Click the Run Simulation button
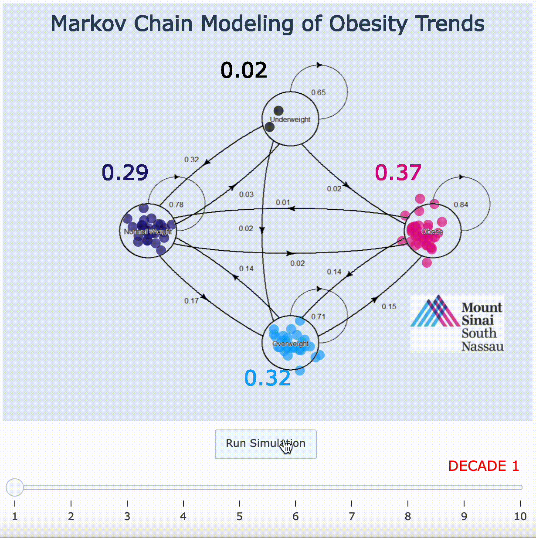click(265, 444)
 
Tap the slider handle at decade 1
click(14, 487)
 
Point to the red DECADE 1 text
click(483, 466)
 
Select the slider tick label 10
click(520, 517)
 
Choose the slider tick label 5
click(239, 517)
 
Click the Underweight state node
click(290, 119)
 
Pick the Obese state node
click(432, 231)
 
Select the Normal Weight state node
click(148, 231)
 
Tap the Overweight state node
click(290, 343)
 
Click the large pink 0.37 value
click(398, 173)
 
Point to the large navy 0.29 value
click(125, 173)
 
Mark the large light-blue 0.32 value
click(267, 378)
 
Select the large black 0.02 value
click(244, 70)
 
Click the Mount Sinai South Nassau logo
click(457, 323)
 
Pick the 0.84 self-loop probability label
click(461, 204)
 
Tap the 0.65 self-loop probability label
click(318, 92)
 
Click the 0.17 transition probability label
click(191, 301)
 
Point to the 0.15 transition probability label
click(389, 306)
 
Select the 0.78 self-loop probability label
click(176, 204)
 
